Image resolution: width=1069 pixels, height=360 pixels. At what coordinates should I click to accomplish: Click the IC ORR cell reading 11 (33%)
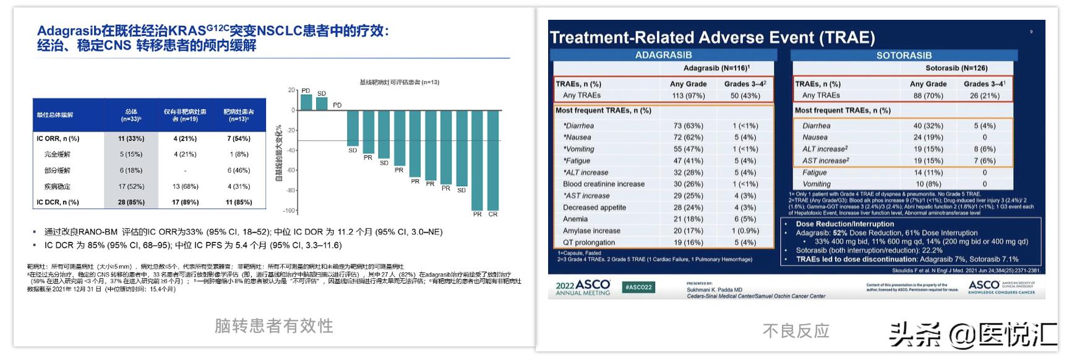pos(131,139)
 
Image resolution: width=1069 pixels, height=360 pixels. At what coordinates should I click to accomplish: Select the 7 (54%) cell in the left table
pos(239,139)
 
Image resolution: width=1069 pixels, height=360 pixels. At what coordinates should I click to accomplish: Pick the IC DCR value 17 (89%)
pos(185,202)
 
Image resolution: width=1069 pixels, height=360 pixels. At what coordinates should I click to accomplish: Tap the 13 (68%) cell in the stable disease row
pos(185,186)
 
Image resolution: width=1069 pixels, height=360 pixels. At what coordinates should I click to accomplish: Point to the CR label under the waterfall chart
pos(493,214)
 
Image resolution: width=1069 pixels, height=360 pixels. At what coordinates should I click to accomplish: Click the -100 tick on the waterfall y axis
pos(289,210)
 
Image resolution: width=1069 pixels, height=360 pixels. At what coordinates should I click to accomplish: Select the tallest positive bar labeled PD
pos(306,102)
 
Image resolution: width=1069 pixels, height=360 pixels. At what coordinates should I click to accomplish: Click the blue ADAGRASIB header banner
pos(663,55)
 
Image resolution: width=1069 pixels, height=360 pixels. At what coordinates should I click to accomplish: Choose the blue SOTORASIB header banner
pos(904,56)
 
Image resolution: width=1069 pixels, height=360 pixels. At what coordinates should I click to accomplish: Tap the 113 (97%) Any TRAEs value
pos(689,95)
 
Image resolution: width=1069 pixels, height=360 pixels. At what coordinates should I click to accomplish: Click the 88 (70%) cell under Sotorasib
pos(928,95)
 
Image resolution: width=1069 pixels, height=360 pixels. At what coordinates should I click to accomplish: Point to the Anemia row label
pos(575,219)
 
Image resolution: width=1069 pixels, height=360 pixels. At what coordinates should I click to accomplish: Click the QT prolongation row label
pos(589,242)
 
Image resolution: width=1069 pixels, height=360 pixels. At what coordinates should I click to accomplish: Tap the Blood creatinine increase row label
pos(603,184)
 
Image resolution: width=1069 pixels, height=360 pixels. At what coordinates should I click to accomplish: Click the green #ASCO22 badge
pos(638,287)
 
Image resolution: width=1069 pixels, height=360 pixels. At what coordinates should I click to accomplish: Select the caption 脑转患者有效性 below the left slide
pos(273,325)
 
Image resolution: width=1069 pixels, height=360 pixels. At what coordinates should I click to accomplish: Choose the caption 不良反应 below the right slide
pos(796,331)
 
